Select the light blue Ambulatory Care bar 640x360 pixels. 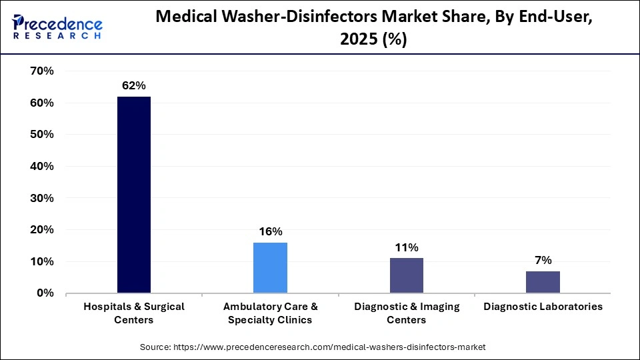click(x=270, y=267)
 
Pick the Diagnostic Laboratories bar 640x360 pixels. click(x=543, y=282)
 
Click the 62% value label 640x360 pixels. click(x=133, y=85)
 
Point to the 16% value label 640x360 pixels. click(x=271, y=231)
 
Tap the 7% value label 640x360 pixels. click(x=543, y=260)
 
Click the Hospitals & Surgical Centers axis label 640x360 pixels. click(x=134, y=313)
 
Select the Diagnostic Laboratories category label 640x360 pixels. click(x=543, y=307)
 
